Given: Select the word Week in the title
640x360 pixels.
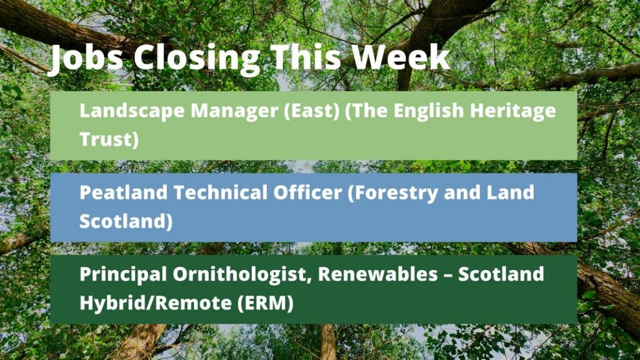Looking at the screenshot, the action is [x=401, y=56].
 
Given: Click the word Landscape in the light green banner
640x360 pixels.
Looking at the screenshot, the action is [x=132, y=111].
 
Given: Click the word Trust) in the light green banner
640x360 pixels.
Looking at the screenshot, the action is [x=109, y=139].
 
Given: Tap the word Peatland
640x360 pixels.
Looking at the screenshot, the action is [x=123, y=192].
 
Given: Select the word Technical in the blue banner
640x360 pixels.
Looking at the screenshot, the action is [x=221, y=192].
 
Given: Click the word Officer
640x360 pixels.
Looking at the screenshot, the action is [x=307, y=192].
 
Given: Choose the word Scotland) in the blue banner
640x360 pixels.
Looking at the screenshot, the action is [x=126, y=221].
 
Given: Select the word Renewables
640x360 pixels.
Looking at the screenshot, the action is [x=378, y=274].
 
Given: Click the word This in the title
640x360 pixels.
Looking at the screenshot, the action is [x=306, y=56].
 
